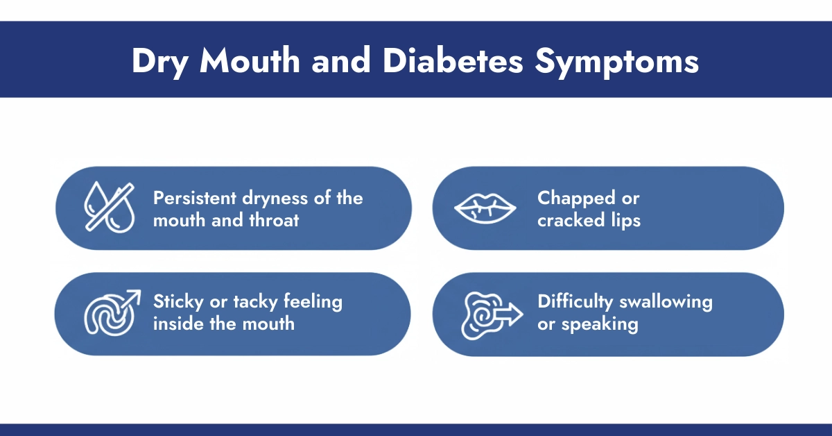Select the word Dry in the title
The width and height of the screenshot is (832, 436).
[162, 62]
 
